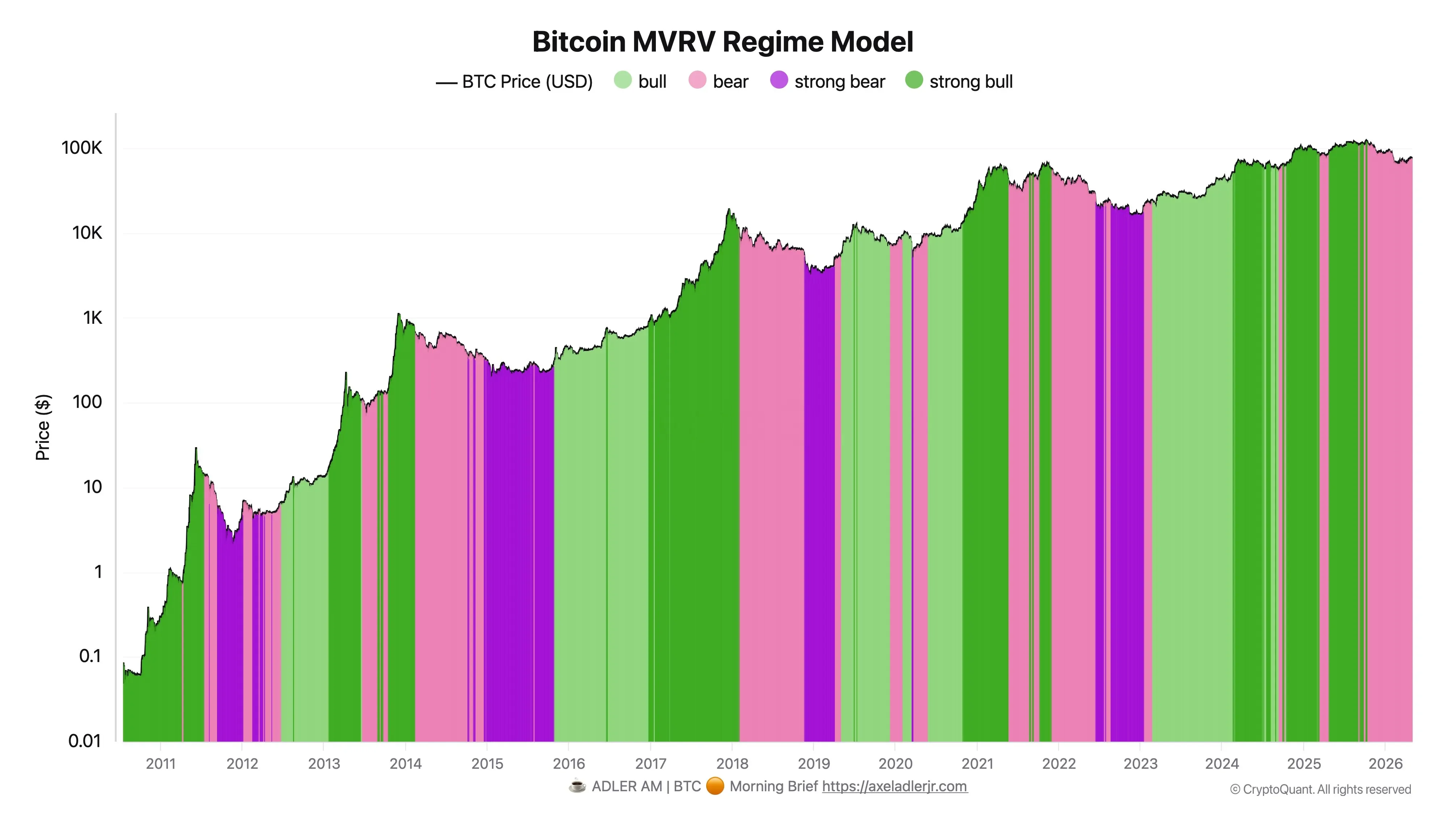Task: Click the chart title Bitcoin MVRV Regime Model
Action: click(x=723, y=42)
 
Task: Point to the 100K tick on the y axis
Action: click(x=82, y=148)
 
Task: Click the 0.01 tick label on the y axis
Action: click(x=85, y=741)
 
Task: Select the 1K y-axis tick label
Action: click(x=93, y=318)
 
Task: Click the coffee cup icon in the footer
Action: click(x=577, y=786)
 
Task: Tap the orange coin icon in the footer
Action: click(x=715, y=786)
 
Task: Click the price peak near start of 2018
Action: click(x=729, y=209)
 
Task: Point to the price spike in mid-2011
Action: click(x=196, y=448)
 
